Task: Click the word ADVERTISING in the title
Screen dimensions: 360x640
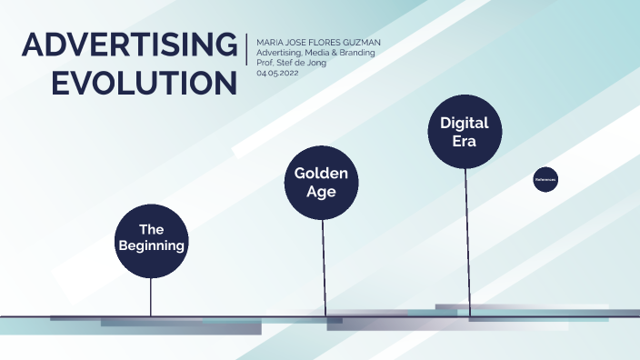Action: pos(128,45)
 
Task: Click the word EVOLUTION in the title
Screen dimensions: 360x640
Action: pos(145,83)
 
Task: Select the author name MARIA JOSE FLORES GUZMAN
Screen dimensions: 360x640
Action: pos(318,42)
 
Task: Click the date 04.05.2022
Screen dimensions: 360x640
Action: pos(277,73)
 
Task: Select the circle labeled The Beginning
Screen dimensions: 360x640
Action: pos(152,240)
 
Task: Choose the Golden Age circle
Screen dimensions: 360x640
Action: pos(321,182)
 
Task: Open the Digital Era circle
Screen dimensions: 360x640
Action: pos(464,133)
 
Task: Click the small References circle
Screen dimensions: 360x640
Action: pos(545,180)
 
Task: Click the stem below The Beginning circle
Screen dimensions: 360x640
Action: pos(151,295)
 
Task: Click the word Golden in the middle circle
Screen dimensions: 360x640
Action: pos(321,174)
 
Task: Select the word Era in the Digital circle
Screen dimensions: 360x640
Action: pos(464,143)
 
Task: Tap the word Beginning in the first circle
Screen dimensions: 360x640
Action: pos(152,245)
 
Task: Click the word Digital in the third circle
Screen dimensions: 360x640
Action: pos(464,123)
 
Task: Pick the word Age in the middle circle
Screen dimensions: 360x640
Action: pos(321,192)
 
